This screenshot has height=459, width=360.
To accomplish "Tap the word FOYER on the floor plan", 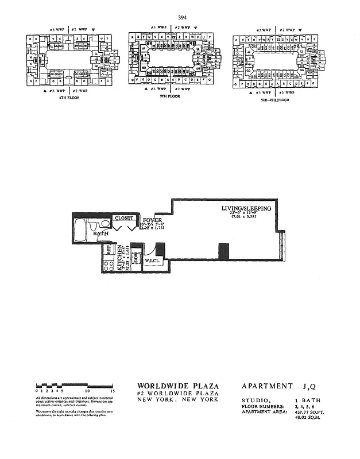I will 152,220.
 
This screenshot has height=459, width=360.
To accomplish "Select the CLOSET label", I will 125,218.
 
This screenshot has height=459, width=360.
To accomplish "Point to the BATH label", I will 100,234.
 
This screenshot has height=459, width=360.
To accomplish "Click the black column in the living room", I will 223,251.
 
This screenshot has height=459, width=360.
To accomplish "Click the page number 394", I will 183,17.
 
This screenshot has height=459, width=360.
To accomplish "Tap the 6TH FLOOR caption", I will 69,98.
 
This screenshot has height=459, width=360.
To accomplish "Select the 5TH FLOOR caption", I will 170,96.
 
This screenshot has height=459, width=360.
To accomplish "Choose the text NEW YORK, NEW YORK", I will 178,399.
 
